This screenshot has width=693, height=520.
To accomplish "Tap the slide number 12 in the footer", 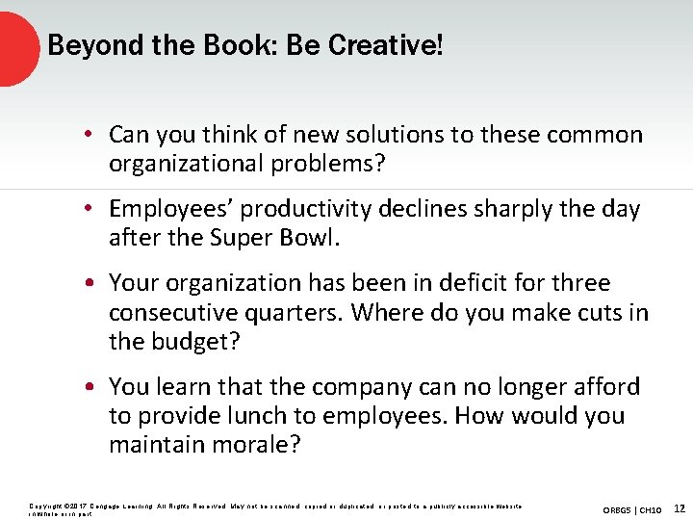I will coord(680,507).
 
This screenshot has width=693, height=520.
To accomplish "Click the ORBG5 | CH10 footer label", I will coord(632,508).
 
